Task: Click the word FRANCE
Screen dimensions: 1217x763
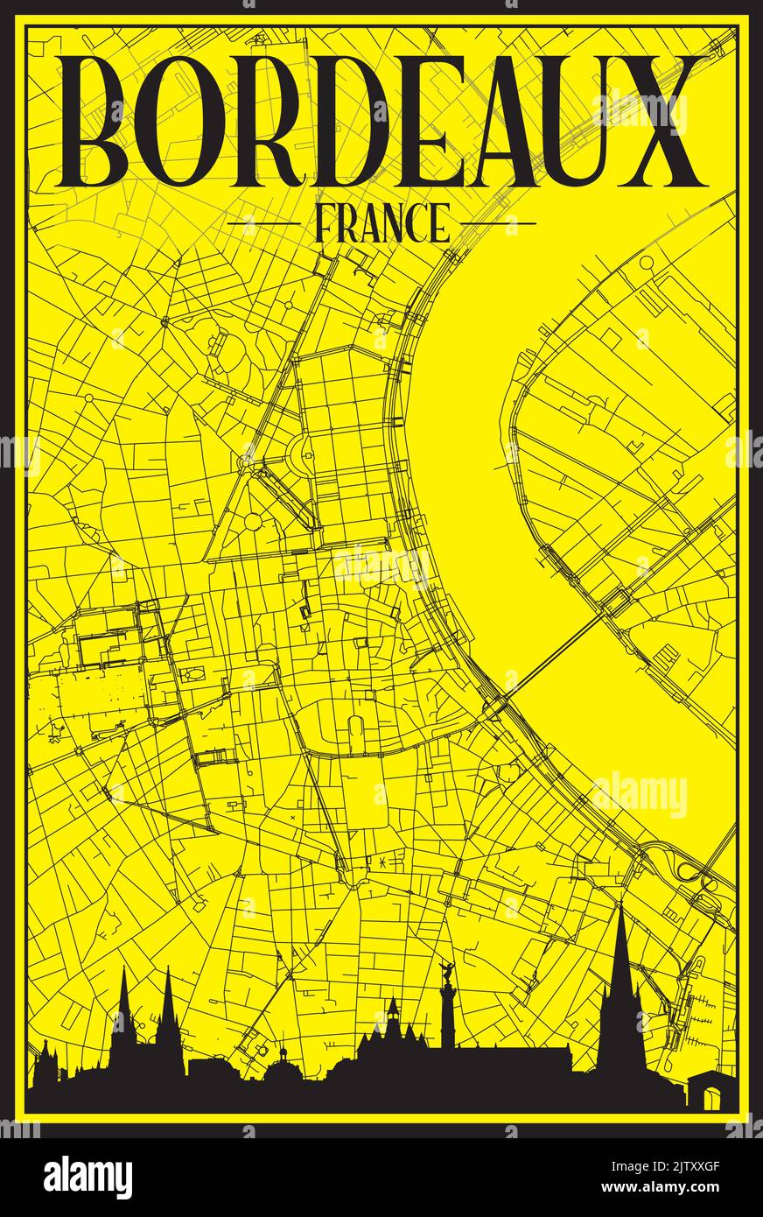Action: pyautogui.click(x=381, y=224)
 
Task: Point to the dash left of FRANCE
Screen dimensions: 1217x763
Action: pyautogui.click(x=262, y=224)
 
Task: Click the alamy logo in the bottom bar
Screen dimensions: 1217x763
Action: pyautogui.click(x=87, y=1177)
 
